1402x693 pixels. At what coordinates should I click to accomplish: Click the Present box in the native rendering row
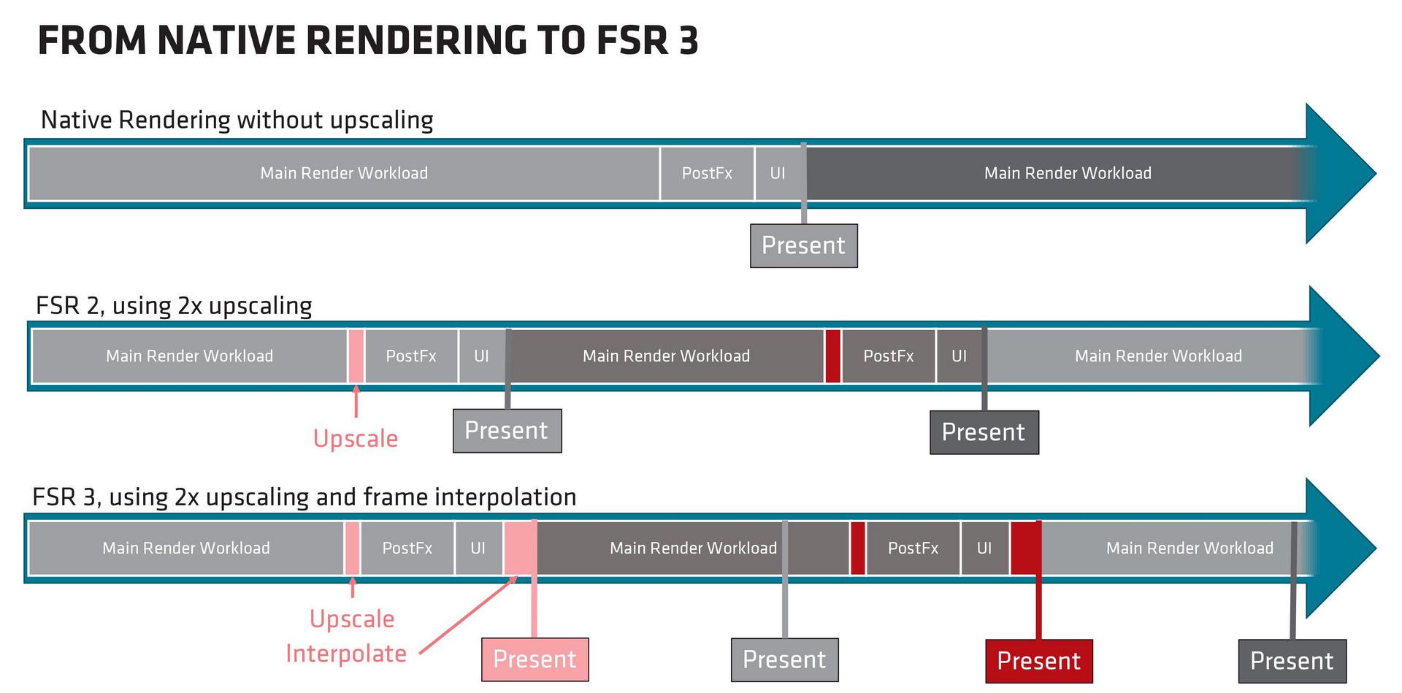803,245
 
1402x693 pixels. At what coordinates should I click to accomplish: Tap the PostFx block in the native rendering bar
707,173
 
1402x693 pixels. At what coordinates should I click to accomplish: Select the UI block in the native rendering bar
778,173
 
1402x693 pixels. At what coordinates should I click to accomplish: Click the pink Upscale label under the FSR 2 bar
356,438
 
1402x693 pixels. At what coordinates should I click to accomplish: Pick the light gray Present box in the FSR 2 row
507,431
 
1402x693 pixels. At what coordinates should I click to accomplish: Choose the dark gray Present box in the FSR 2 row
984,432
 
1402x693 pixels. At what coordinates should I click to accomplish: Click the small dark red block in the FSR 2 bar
832,356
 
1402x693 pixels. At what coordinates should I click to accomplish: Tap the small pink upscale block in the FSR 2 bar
356,356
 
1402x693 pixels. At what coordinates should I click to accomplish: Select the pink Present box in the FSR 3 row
535,659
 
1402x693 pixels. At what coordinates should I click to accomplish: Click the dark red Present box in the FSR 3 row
1038,661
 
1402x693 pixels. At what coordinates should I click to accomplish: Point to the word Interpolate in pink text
346,653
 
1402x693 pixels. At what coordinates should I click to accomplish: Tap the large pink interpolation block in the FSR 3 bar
519,548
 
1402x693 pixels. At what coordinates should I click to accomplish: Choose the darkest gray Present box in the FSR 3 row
1292,661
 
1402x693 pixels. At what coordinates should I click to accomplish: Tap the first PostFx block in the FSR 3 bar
407,548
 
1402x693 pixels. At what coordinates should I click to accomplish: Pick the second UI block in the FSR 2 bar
959,356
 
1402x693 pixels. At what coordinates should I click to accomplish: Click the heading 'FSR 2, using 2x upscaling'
174,305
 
